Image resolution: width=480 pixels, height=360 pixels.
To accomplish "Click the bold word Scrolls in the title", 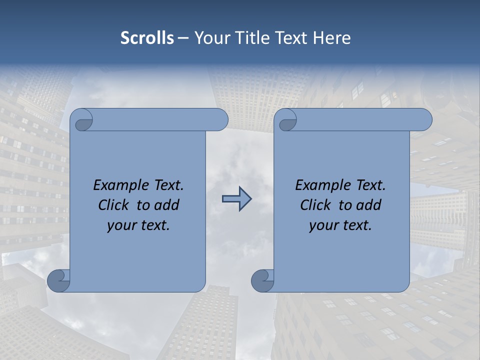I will pyautogui.click(x=147, y=38).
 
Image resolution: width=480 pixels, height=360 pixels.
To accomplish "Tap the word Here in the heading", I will pyautogui.click(x=332, y=38).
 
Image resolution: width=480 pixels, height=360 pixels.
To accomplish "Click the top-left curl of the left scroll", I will pyautogui.click(x=83, y=120).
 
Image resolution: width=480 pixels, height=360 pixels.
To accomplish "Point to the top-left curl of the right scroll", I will pyautogui.click(x=287, y=120).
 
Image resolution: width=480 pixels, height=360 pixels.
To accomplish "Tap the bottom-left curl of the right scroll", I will pyautogui.click(x=263, y=281).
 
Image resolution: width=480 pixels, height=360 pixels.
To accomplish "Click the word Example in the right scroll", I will pyautogui.click(x=324, y=185).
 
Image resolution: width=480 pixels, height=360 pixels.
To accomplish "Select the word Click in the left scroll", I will pyautogui.click(x=113, y=205).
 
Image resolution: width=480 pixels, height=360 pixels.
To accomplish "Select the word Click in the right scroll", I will pyautogui.click(x=315, y=205).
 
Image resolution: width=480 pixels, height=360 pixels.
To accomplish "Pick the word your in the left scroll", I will pyautogui.click(x=121, y=225).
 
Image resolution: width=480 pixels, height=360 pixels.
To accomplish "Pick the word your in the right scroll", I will pyautogui.click(x=323, y=225).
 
